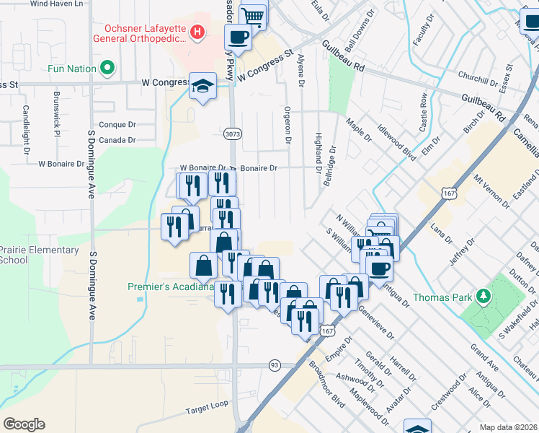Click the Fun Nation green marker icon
(x=108, y=69)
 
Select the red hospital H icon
(x=197, y=32)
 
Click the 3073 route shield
(x=232, y=134)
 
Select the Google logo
(x=24, y=424)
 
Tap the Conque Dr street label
(x=117, y=124)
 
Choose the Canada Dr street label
(x=117, y=140)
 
